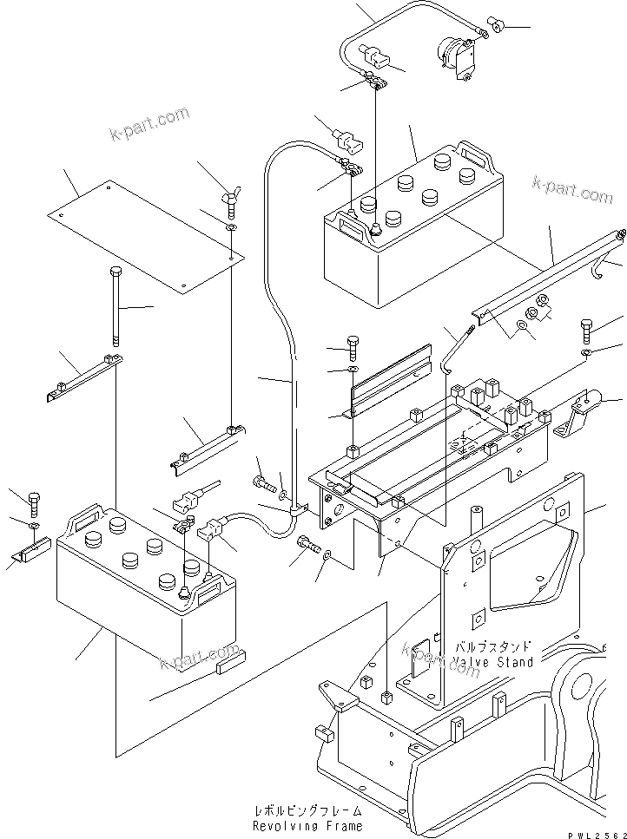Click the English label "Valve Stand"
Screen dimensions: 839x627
click(493, 663)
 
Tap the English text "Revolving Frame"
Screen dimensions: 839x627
click(303, 825)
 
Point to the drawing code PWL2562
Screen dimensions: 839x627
click(597, 834)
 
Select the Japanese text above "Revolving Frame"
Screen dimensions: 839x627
click(303, 811)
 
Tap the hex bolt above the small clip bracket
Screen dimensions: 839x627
click(33, 501)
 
